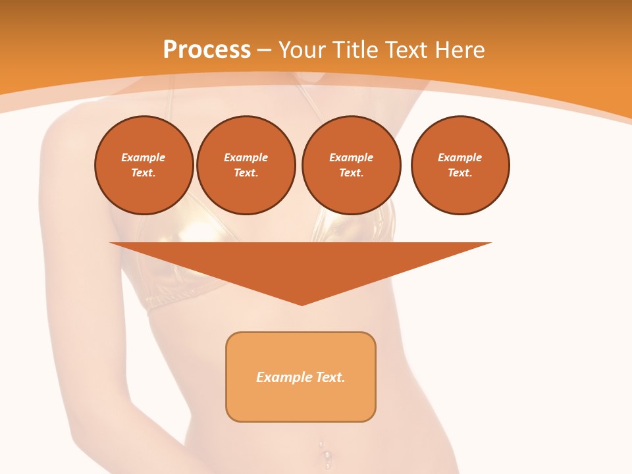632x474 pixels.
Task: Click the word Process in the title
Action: tap(207, 50)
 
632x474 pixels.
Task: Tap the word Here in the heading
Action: tap(458, 50)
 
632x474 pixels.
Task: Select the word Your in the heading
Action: tap(303, 50)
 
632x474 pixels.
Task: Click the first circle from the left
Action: tap(144, 165)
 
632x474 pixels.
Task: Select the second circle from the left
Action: tap(246, 165)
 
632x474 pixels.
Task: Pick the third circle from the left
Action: tap(351, 165)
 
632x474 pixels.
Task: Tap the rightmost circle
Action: tap(460, 165)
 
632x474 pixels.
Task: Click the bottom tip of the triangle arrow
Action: tap(302, 303)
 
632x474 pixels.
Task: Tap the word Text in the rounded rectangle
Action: tap(330, 377)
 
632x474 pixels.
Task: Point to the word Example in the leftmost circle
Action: tap(144, 157)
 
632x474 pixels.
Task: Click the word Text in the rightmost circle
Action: tap(460, 172)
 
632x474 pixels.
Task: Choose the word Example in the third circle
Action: tap(351, 157)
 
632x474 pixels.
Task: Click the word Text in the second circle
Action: tap(246, 172)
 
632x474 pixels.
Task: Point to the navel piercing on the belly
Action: tap(325, 454)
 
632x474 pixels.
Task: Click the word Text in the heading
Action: tap(405, 50)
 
